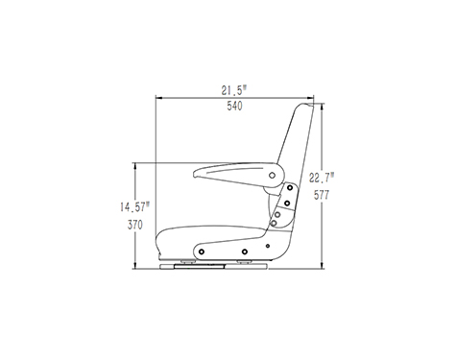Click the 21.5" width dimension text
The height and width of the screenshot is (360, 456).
pos(234,90)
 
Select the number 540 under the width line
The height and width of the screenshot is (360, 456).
pos(234,106)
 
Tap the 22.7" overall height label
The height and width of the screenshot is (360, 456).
pos(322,178)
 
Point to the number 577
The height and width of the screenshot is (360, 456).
pos(322,195)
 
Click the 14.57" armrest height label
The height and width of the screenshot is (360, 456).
pos(134,206)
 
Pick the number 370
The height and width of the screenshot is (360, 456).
pos(135,225)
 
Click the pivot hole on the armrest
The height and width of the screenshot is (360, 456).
pos(272,176)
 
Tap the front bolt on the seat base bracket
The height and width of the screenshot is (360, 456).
pos(202,252)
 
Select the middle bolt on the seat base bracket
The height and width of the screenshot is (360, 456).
pos(245,252)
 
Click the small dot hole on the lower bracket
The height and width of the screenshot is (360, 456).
pos(268,246)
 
